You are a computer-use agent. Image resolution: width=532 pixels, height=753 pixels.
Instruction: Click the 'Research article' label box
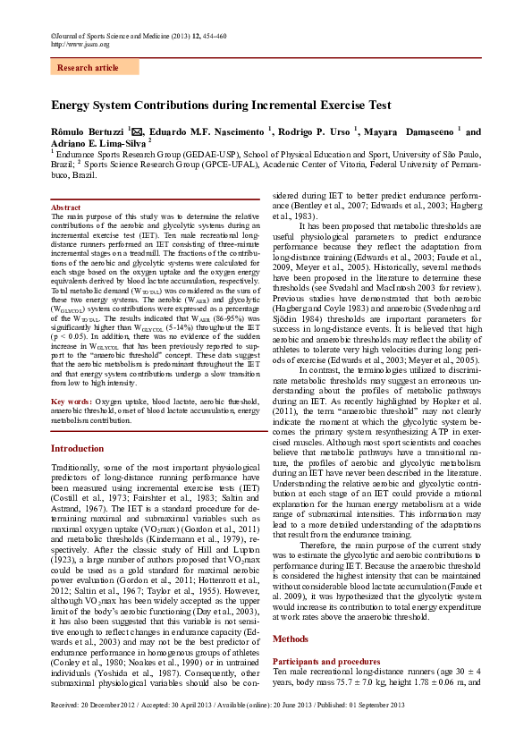coord(88,68)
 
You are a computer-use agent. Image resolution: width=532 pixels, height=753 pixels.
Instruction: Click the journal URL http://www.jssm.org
coord(80,44)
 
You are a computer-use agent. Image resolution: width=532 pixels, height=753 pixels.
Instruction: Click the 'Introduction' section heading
coord(77,448)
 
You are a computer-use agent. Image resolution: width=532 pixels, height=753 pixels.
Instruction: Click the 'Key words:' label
coord(71,402)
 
